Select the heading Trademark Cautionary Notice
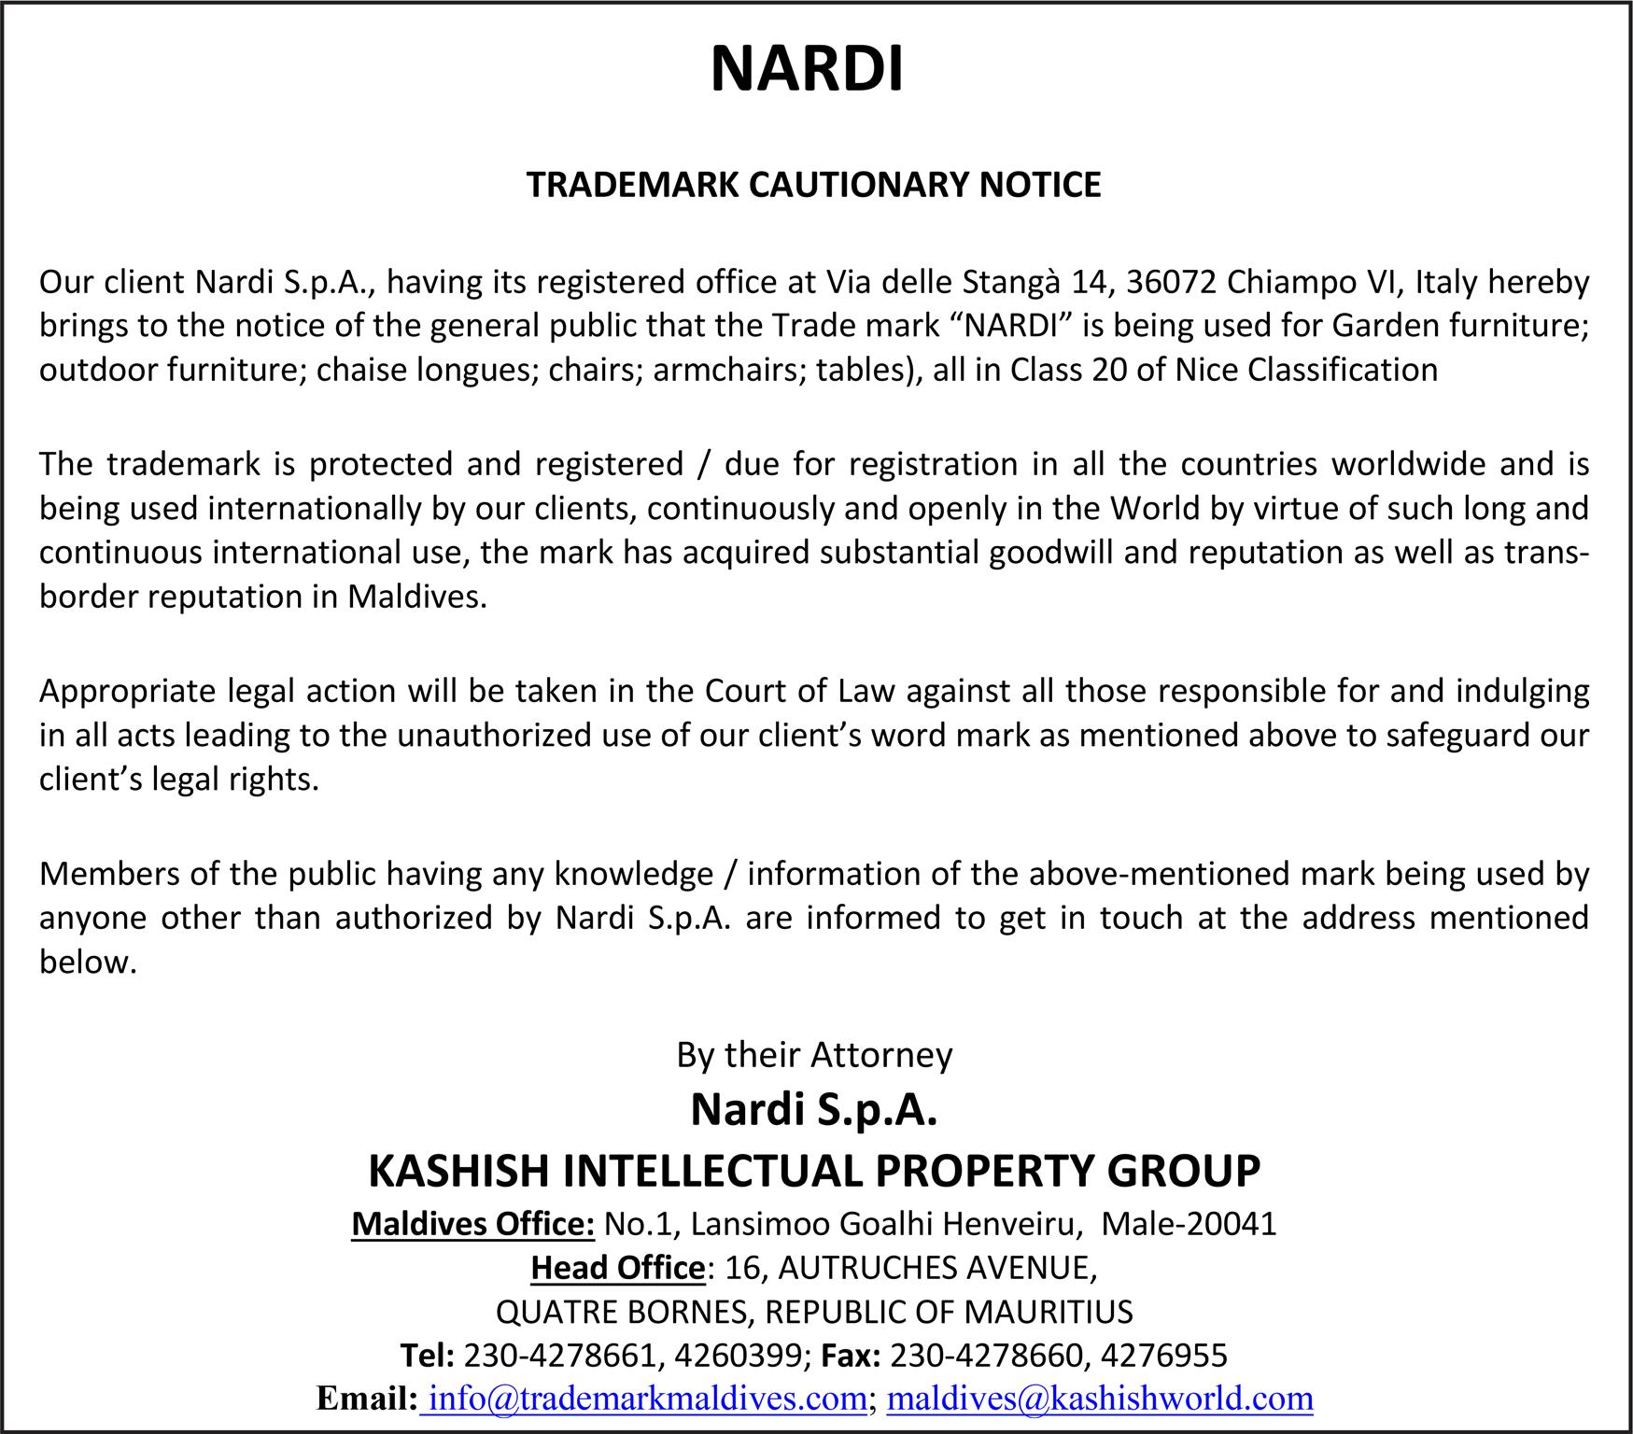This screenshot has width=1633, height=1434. coord(813,185)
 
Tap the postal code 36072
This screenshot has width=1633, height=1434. coord(1171,281)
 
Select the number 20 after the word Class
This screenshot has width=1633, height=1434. coord(1110,371)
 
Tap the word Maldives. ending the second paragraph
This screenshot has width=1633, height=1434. coord(417,597)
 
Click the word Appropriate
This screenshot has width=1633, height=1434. coord(129,691)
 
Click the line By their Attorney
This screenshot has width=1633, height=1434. coord(814,1055)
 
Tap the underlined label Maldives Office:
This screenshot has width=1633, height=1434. coord(472,1223)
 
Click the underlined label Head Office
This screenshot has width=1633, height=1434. coord(617,1268)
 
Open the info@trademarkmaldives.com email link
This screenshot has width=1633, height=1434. coord(648,1399)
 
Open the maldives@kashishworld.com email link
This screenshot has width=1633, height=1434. coord(1099,1399)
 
